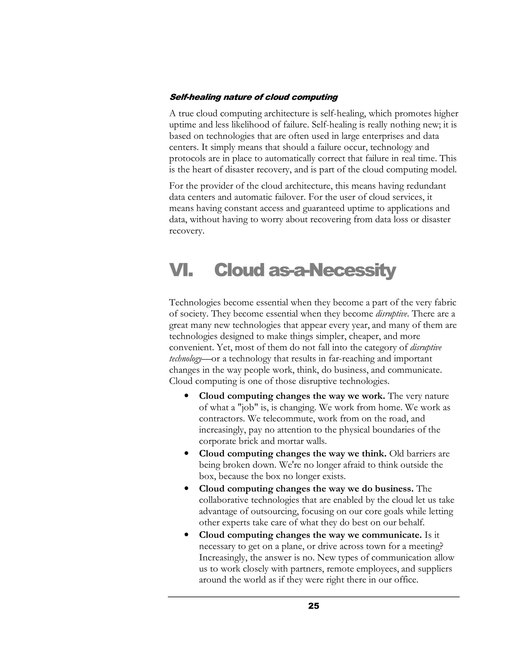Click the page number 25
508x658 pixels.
click(x=313, y=606)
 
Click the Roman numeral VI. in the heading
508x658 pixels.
click(x=181, y=270)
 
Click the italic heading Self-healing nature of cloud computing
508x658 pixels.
click(x=254, y=97)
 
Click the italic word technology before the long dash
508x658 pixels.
click(x=185, y=359)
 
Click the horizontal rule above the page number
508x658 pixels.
click(x=313, y=596)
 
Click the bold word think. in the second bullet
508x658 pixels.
click(x=374, y=453)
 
